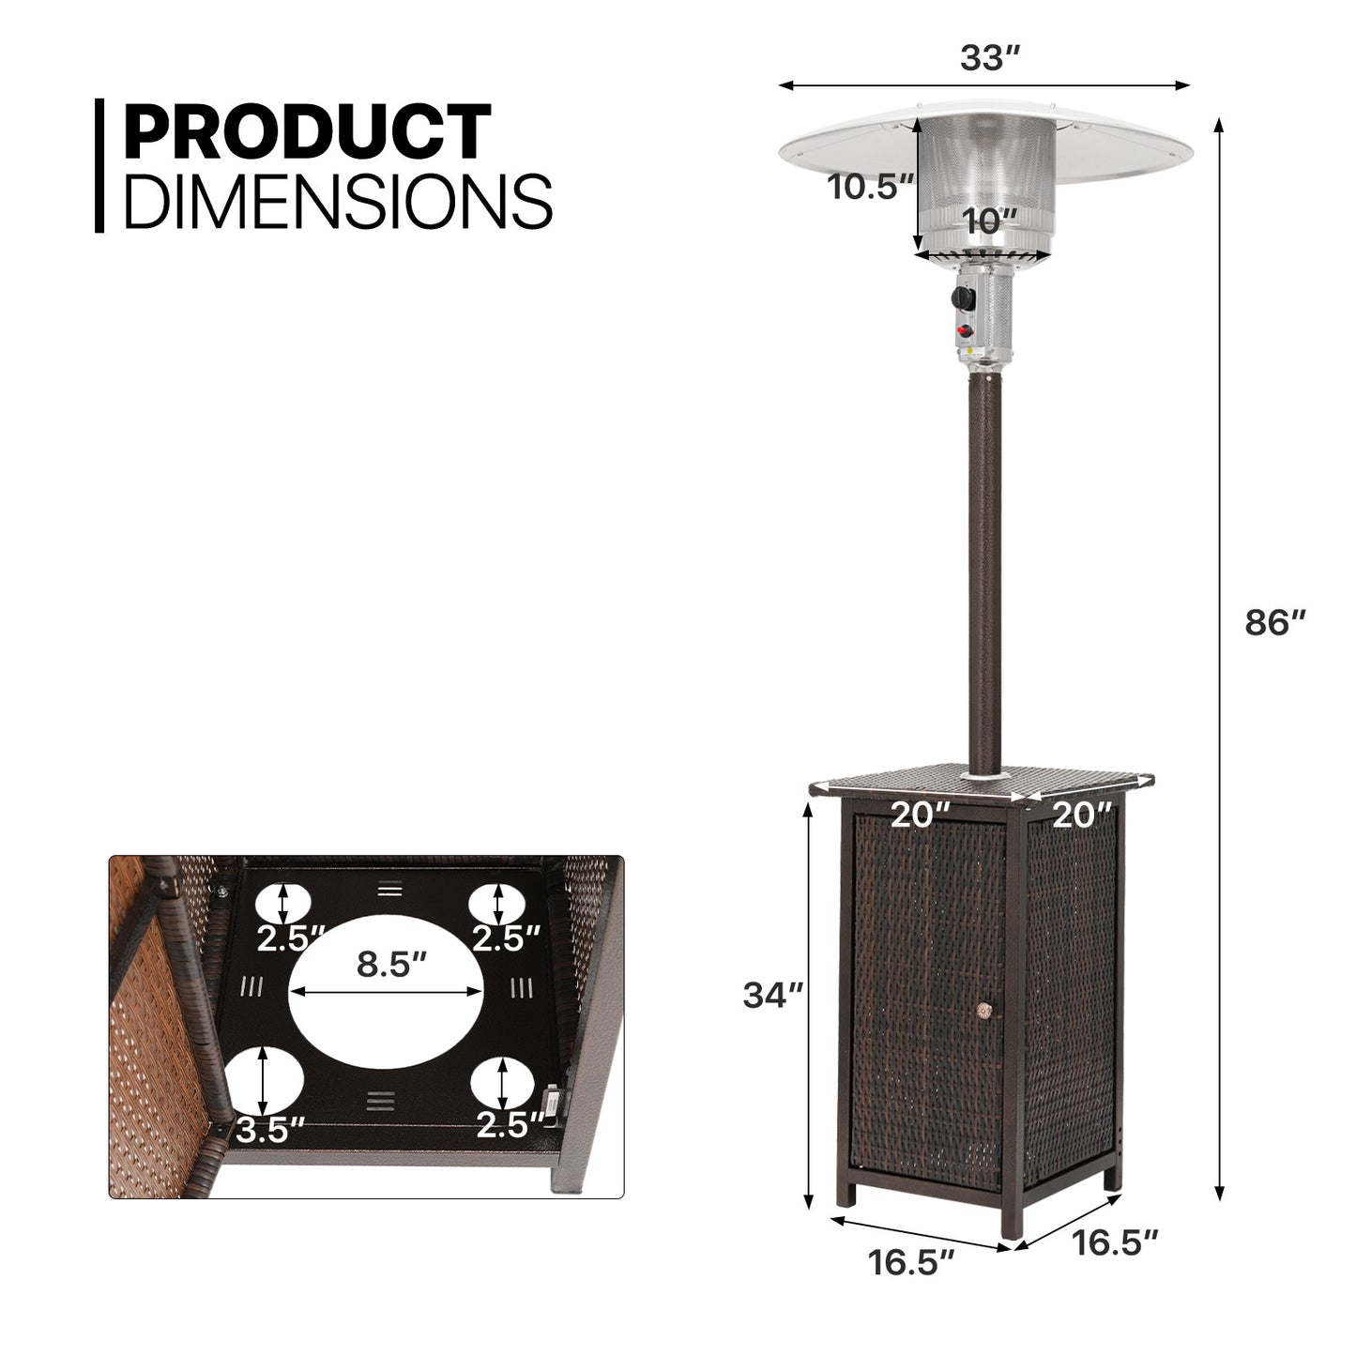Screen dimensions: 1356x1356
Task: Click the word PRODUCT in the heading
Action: coord(308,131)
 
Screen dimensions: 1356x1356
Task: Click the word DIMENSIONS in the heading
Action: coord(339,201)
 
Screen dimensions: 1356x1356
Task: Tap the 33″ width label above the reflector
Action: coord(989,57)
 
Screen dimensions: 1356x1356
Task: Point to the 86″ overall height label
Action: coord(1274,623)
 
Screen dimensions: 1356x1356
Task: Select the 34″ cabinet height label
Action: coord(772,995)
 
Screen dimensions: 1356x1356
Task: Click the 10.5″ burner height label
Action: coord(870,187)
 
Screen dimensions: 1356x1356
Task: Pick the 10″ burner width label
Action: coord(989,221)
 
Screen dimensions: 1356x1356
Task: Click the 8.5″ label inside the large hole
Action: coord(392,964)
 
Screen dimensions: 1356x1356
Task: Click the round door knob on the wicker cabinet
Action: coord(983,1011)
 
